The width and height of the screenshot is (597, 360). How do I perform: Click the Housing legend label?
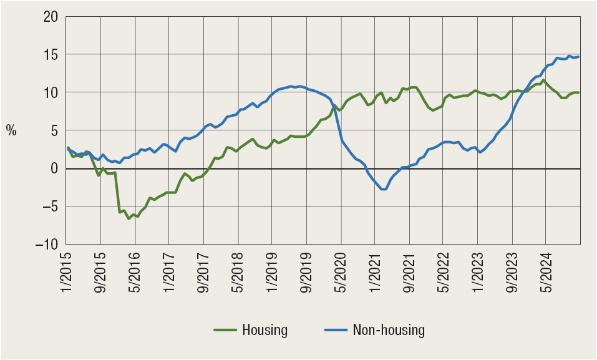coord(265,331)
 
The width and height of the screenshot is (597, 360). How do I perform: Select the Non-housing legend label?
coord(389,331)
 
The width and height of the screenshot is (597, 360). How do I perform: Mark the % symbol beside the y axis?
coord(11,130)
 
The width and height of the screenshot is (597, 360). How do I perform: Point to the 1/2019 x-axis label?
coord(271,271)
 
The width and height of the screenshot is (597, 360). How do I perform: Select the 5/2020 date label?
coord(339,271)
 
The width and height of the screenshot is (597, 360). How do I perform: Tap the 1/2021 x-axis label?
coord(374,271)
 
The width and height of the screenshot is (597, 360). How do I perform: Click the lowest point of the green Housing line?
coord(129,218)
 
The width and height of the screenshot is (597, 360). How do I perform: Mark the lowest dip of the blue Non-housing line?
coord(383,189)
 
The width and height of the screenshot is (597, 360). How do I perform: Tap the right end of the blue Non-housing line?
coord(579,57)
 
